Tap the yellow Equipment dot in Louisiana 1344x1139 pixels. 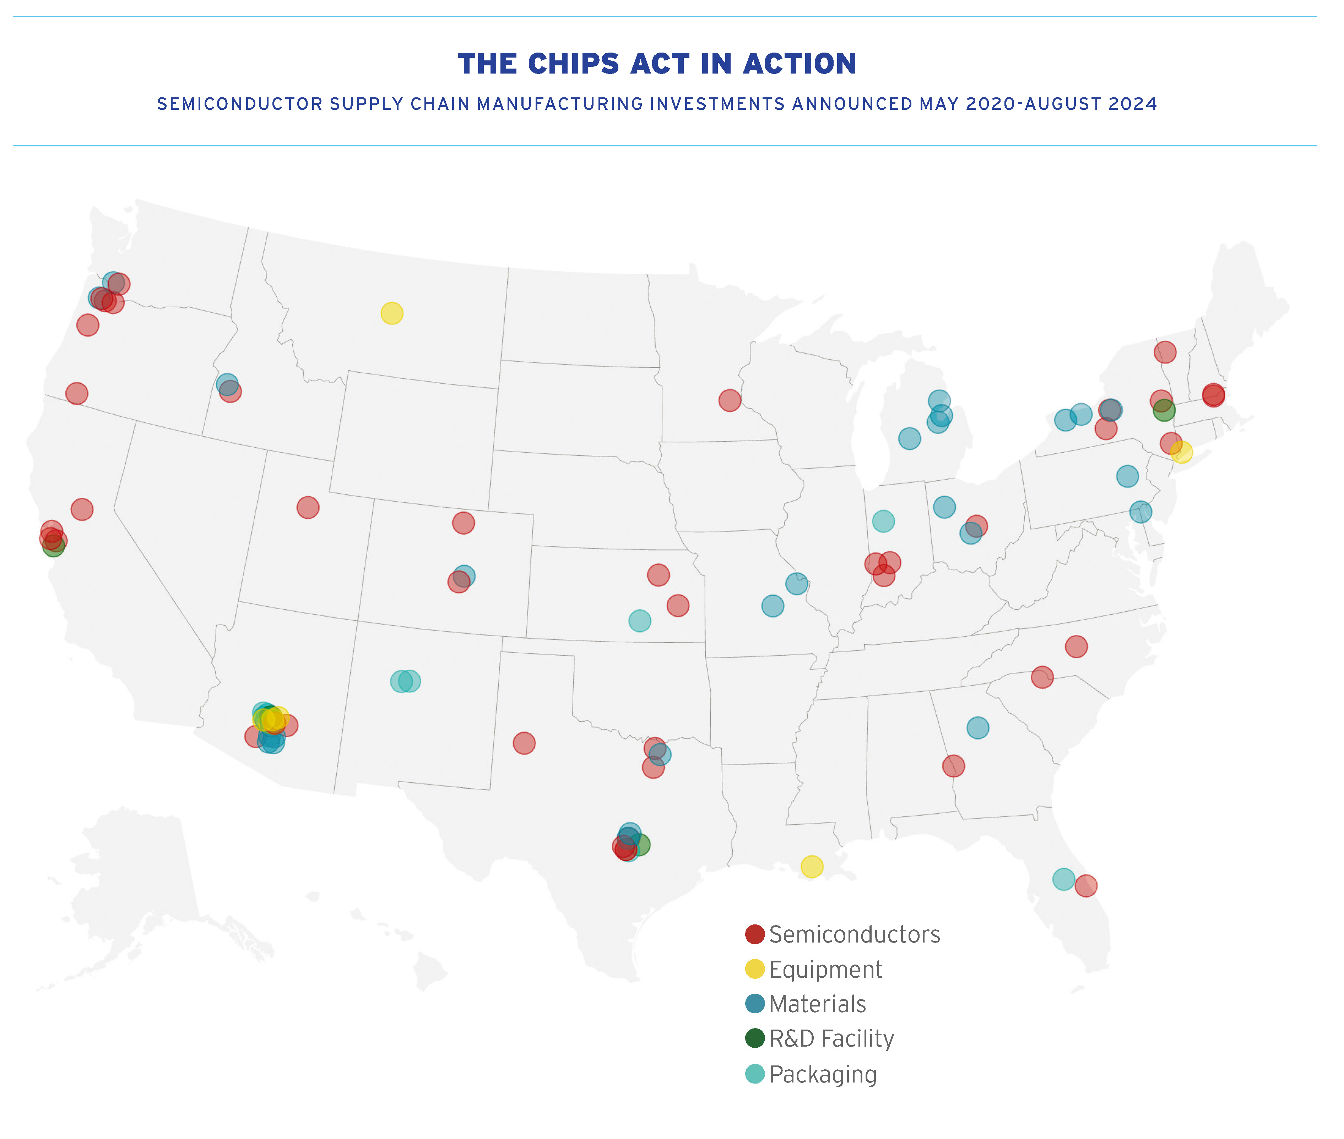coord(812,867)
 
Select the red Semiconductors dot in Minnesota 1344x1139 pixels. coord(730,400)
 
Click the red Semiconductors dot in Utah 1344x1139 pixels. coord(308,508)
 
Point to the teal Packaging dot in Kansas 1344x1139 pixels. coord(640,621)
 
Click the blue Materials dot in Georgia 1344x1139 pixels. coord(977,728)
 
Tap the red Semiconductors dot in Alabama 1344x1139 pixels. coord(953,766)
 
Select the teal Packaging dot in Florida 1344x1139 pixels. coord(1063,879)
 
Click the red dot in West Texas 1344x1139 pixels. coord(524,743)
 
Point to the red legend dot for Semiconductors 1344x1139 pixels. coord(755,934)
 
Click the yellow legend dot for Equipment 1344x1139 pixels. coord(755,969)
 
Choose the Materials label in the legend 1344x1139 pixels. coord(817,1004)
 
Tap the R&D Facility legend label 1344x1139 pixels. coord(831,1039)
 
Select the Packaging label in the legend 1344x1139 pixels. coord(823,1074)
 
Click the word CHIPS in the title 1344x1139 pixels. coord(574,64)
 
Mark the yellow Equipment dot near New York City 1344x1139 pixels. coord(1181,452)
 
